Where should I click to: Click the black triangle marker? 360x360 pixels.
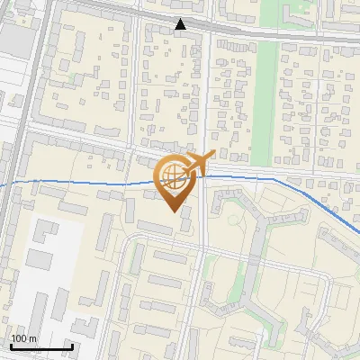tap(182, 24)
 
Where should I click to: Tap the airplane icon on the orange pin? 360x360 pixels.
tap(197, 164)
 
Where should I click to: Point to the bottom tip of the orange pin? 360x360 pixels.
tap(174, 211)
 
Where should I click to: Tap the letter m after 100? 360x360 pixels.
tap(33, 338)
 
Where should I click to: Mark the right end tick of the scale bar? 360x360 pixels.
tap(72, 345)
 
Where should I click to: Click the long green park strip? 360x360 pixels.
tap(266, 90)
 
